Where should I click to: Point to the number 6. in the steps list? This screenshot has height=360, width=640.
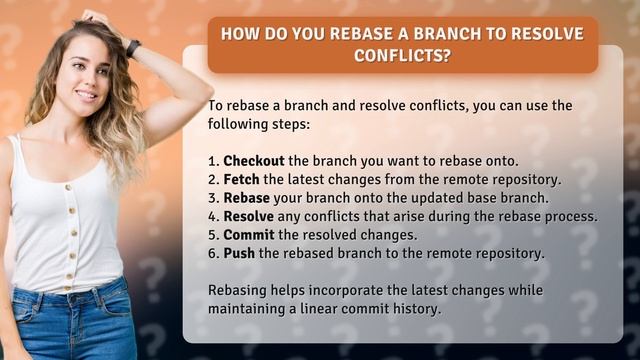tap(214, 253)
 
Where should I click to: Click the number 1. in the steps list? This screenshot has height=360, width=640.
tap(214, 161)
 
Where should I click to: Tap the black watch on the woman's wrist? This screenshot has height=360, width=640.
tap(133, 48)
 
